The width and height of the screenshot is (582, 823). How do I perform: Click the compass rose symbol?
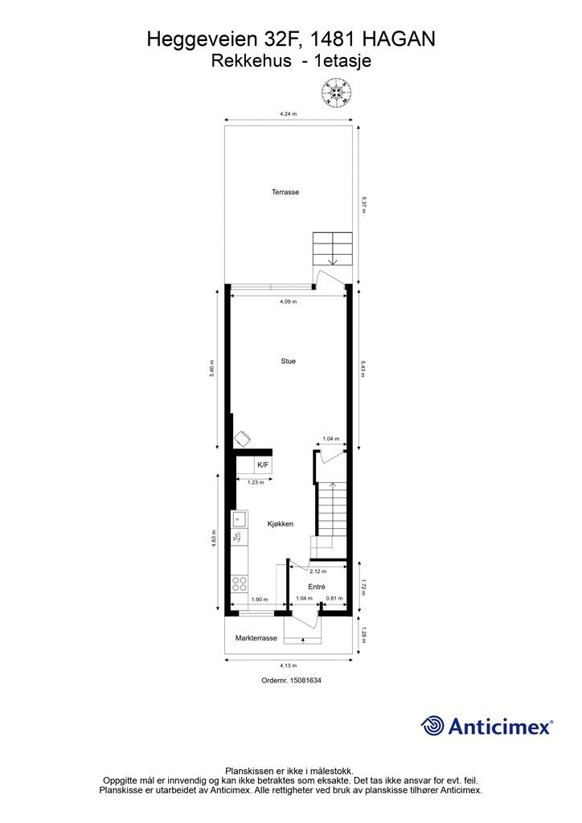(x=337, y=92)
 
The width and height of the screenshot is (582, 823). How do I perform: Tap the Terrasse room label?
(x=285, y=192)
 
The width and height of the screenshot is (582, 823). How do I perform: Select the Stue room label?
(x=288, y=361)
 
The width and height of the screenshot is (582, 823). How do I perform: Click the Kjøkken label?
(x=281, y=524)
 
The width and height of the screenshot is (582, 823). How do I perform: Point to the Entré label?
(x=317, y=587)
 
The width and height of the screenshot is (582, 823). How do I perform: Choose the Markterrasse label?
(x=256, y=638)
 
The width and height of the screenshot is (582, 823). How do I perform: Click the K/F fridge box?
(x=263, y=465)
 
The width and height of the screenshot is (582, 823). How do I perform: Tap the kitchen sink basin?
(x=239, y=518)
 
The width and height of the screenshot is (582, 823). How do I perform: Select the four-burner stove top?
(x=240, y=583)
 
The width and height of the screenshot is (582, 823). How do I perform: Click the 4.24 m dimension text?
(x=288, y=113)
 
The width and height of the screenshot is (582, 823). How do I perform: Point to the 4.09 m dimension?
(x=288, y=301)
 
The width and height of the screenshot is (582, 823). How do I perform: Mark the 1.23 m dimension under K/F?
(x=256, y=482)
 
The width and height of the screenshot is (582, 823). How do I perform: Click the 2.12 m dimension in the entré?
(x=318, y=571)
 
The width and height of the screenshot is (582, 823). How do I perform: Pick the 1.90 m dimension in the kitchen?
(x=260, y=600)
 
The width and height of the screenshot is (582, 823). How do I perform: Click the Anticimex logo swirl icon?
(x=432, y=726)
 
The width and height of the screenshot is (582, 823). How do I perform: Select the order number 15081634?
(x=306, y=680)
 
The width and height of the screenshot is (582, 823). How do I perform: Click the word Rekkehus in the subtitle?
(x=252, y=61)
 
